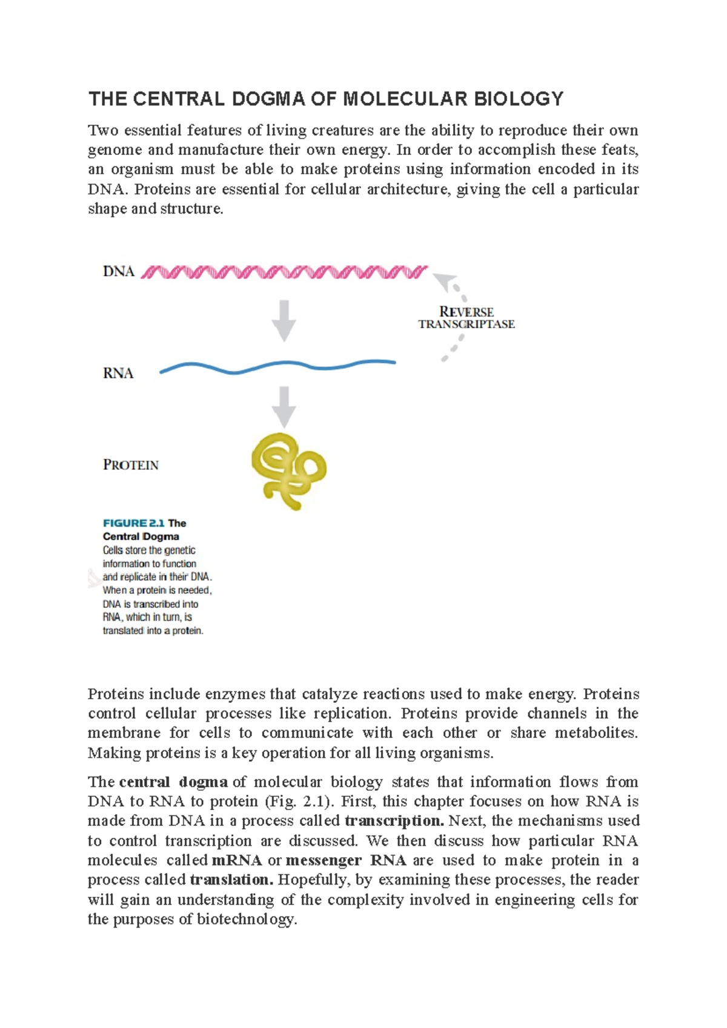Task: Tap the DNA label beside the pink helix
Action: (x=118, y=272)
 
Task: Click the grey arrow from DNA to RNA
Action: (x=284, y=321)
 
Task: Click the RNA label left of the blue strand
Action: (x=118, y=374)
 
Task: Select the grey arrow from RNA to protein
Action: (x=284, y=407)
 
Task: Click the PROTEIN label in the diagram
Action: (x=131, y=466)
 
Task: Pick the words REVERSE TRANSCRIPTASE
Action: (x=466, y=318)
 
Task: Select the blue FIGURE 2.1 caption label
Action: (x=134, y=523)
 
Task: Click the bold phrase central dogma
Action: (x=173, y=782)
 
